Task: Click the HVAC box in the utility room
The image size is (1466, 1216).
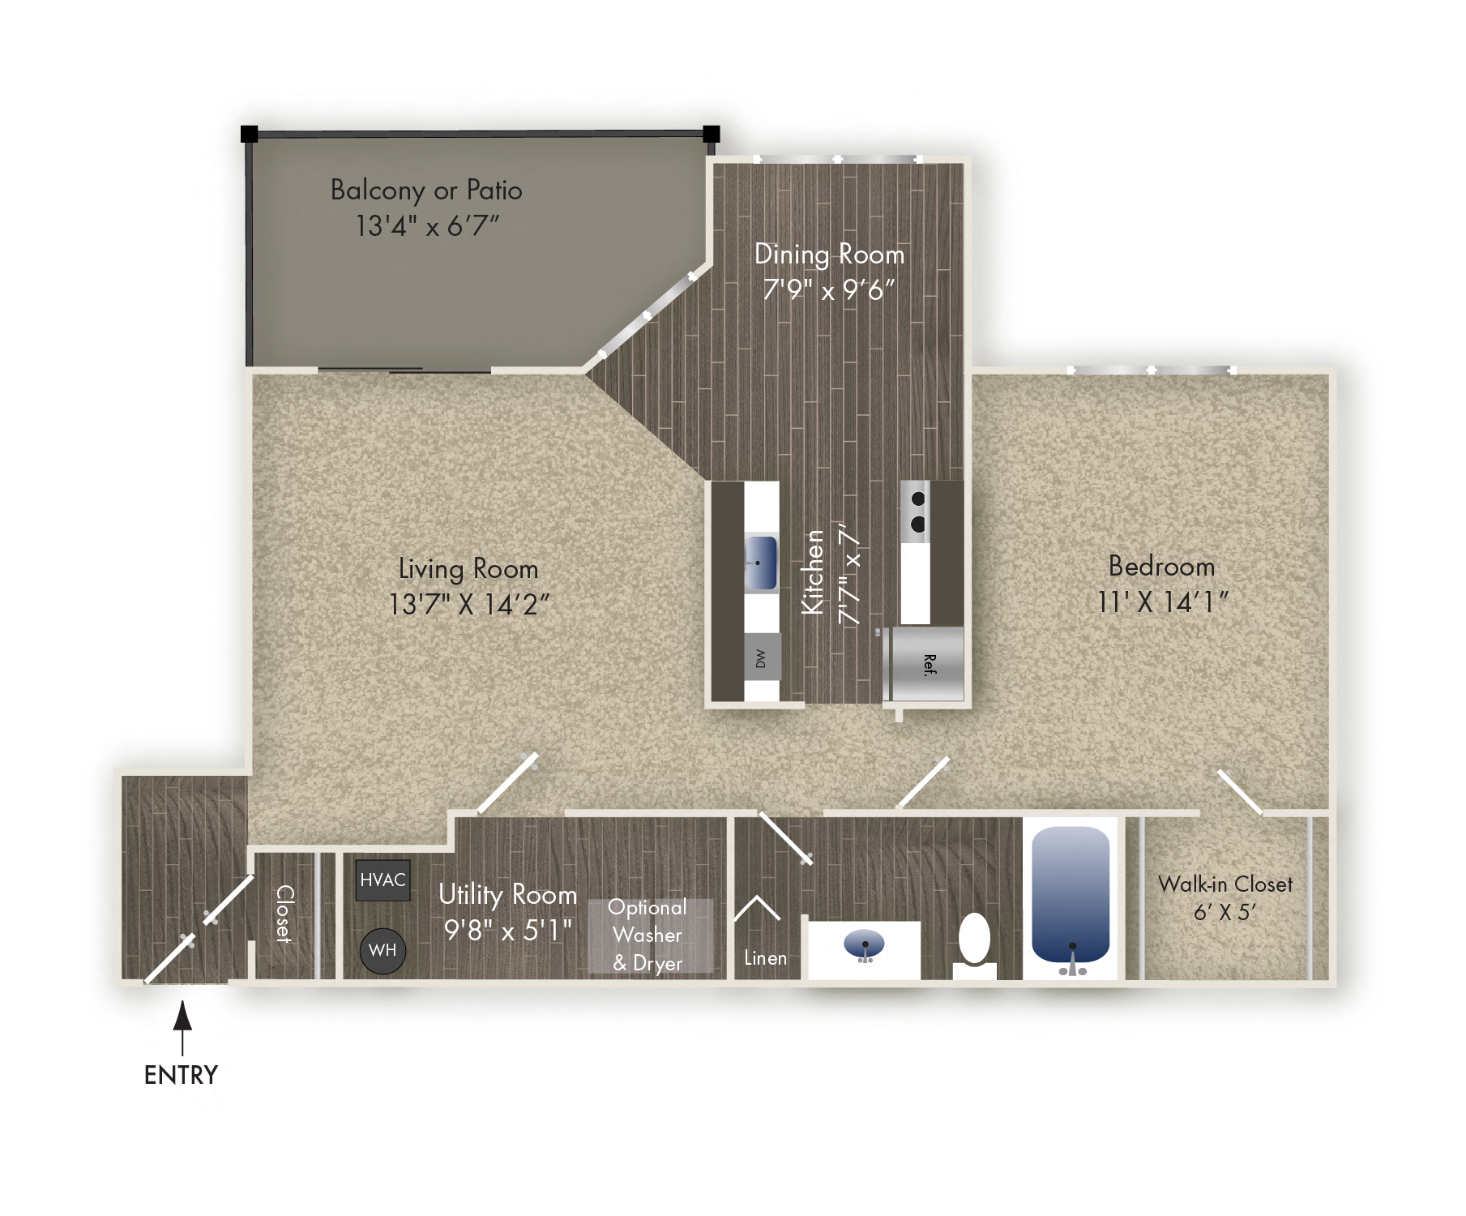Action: [383, 880]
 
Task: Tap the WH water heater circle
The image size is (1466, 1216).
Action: [383, 950]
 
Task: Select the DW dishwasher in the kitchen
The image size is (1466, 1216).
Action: [761, 658]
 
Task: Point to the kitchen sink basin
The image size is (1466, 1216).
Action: [760, 562]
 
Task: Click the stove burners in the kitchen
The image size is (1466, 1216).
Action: [917, 512]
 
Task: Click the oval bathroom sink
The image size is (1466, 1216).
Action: [864, 944]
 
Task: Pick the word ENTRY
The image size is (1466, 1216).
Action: [181, 1075]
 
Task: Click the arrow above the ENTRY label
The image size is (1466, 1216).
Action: [183, 1025]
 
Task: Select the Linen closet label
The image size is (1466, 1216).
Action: [765, 958]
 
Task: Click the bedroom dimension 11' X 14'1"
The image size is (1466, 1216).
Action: [1162, 602]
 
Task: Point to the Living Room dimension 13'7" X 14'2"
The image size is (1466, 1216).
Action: [468, 604]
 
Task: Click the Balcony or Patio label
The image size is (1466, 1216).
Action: [426, 190]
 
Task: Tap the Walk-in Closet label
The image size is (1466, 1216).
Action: [1225, 884]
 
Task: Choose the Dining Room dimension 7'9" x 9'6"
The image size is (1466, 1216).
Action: [828, 289]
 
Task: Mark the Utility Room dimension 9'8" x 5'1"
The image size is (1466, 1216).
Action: [507, 930]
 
